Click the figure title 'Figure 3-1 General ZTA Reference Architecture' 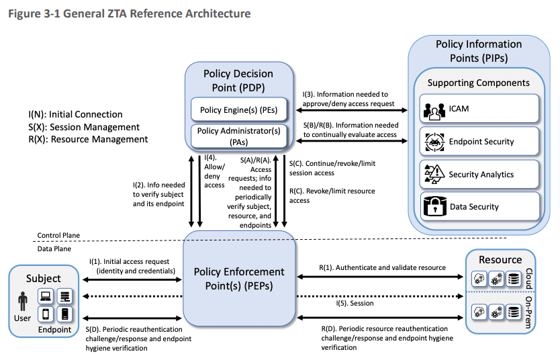click(x=127, y=13)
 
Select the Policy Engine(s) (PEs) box click(x=239, y=108)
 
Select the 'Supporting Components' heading click(x=478, y=83)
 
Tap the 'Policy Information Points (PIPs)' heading click(x=479, y=51)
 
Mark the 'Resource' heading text click(x=500, y=259)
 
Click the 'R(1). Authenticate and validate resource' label click(x=382, y=267)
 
